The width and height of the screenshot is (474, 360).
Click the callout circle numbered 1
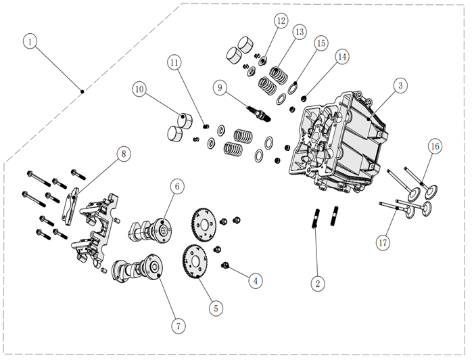[x=30, y=41]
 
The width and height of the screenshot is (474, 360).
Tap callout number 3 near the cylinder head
[x=400, y=85]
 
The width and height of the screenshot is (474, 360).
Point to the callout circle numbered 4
[x=254, y=279]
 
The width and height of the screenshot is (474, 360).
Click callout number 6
[x=176, y=185]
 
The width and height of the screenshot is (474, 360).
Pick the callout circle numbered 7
[x=178, y=325]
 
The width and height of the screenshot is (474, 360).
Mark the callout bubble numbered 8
[x=123, y=154]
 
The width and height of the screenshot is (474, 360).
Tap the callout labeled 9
[x=219, y=87]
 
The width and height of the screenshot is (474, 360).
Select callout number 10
[x=139, y=88]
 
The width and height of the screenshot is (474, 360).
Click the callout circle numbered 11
[x=174, y=63]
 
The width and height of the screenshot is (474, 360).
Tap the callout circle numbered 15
[x=321, y=43]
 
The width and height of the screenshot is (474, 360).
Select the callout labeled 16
[x=435, y=146]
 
